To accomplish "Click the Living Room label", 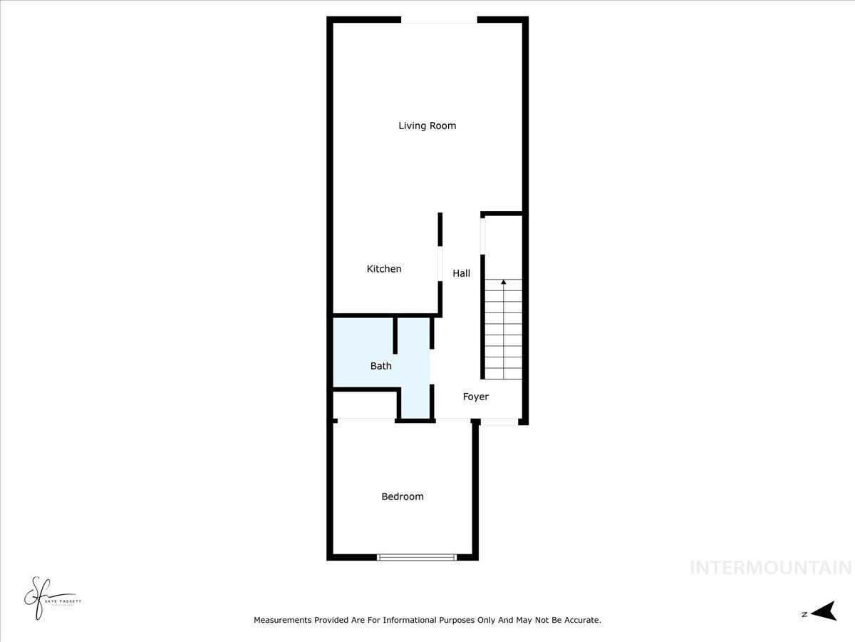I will pos(427,126).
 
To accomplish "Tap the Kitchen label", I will pos(384,269).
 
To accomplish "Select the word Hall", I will pos(462,273).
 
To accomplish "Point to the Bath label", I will pos(380,366).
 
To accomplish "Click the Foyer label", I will pos(476,397).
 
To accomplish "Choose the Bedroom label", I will pos(403,496).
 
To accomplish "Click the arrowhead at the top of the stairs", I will pos(504,282).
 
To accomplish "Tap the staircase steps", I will pos(503,335).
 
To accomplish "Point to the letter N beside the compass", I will pos(804,613).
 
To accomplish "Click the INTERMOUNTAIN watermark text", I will pos(772,568).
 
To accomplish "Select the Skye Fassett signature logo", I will pos(43,598).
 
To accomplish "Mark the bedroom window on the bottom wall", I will pos(417,557).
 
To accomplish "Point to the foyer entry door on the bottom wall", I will pos(499,423).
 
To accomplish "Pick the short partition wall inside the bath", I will pos(395,335).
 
